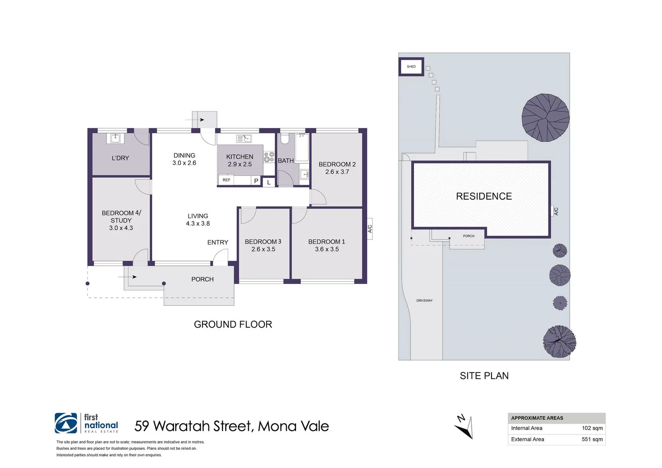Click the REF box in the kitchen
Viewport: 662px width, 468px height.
227,180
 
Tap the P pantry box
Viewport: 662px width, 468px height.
256,181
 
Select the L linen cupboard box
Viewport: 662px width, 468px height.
269,182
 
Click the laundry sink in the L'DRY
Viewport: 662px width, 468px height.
115,138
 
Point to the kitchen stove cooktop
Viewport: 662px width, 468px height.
269,157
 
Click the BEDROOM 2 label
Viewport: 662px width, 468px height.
337,164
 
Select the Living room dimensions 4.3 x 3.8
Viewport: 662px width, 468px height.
198,224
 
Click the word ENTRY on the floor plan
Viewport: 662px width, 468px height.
218,242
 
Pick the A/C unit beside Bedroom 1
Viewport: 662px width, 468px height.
370,228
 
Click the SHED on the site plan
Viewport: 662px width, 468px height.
411,67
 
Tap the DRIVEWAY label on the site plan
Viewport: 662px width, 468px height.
424,300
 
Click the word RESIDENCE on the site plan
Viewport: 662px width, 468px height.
484,196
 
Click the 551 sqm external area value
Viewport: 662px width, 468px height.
592,439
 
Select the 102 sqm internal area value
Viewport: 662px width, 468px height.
592,428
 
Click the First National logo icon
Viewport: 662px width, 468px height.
66,423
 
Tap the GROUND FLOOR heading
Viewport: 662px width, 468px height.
233,325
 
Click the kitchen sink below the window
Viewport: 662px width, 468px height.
244,139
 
